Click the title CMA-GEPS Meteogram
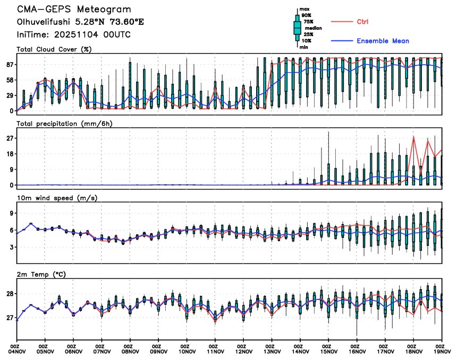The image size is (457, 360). (x=74, y=10)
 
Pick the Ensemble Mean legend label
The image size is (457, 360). (x=383, y=41)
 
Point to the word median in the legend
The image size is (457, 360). (x=312, y=28)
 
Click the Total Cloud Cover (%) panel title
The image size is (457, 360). (x=54, y=49)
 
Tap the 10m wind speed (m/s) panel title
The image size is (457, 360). (x=53, y=198)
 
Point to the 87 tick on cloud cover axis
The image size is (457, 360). (x=9, y=64)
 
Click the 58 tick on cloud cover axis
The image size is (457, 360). (x=9, y=80)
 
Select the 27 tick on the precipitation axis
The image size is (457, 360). (x=9, y=139)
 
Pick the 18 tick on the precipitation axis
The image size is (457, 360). (x=9, y=154)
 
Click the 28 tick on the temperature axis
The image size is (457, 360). (x=9, y=294)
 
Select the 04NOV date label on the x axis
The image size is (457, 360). (x=18, y=351)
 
